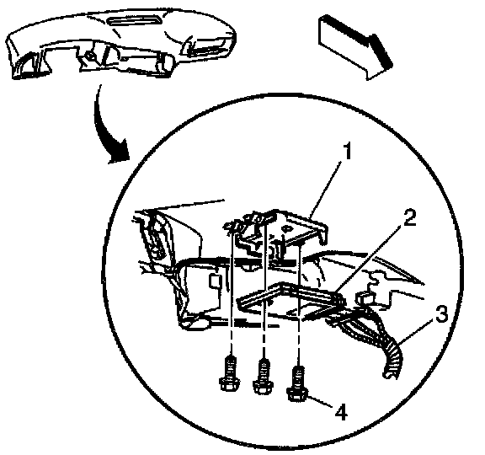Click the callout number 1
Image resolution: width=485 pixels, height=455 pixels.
[x=349, y=152]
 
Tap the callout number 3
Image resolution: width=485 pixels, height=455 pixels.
[x=442, y=313]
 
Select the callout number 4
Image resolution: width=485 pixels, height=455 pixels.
[x=341, y=412]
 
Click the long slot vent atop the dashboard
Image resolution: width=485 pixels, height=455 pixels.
[x=135, y=21]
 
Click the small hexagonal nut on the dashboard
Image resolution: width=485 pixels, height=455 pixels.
[x=91, y=56]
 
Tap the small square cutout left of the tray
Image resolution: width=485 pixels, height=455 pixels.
[x=215, y=281]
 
